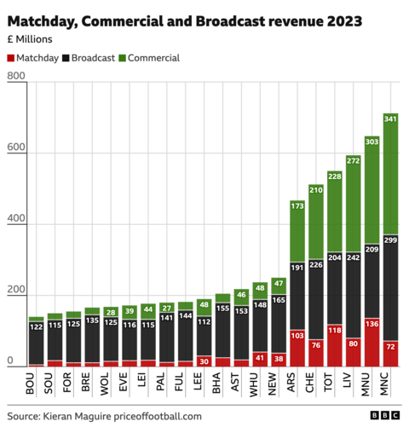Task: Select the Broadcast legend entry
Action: coord(92,58)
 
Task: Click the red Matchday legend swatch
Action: coord(11,58)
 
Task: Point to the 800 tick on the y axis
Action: coord(15,78)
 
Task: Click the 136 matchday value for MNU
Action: coord(372,324)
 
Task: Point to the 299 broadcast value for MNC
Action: coord(390,242)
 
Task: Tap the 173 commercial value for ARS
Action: coord(297,206)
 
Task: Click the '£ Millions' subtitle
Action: coord(31,39)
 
